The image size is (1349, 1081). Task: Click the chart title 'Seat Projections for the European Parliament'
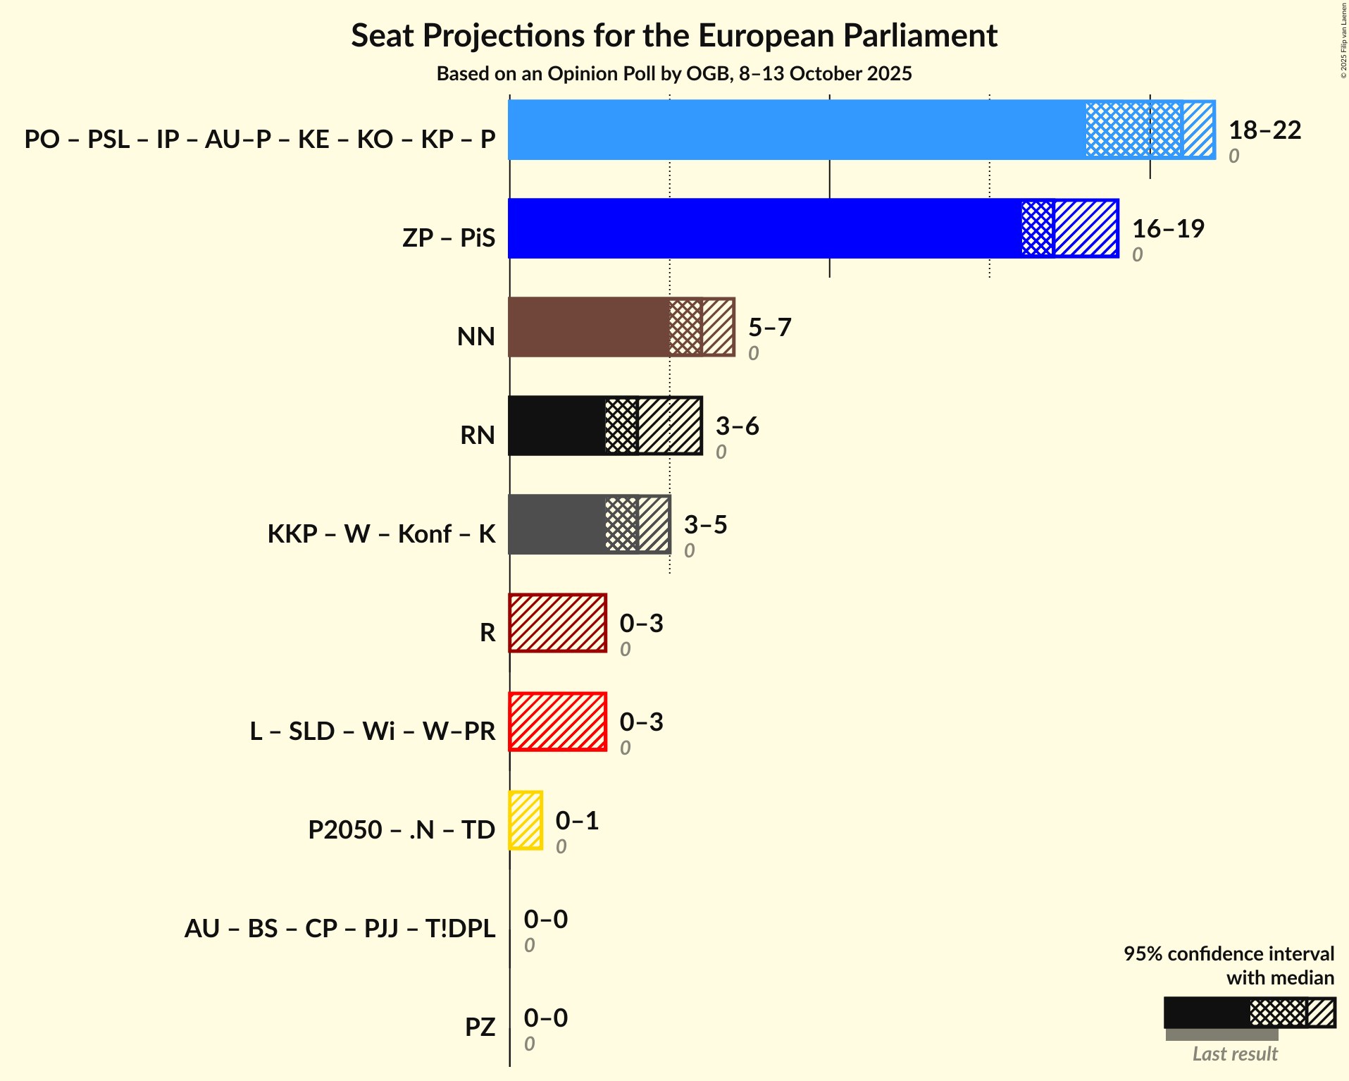pos(674,35)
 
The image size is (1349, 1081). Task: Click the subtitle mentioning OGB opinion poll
pos(674,74)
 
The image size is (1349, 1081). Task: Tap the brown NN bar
pos(588,327)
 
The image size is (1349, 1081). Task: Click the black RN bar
pos(557,426)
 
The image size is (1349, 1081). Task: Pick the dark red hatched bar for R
pos(557,623)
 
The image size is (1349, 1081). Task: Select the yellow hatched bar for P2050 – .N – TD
pos(526,820)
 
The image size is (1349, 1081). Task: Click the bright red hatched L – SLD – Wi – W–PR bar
pos(557,722)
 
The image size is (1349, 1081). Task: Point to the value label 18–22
pos(1264,130)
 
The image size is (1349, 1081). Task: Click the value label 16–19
pos(1168,229)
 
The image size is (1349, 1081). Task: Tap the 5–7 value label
pos(769,328)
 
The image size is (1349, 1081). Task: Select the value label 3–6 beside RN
pos(737,426)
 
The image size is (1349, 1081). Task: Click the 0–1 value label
pos(577,821)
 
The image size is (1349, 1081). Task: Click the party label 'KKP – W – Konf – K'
pos(381,534)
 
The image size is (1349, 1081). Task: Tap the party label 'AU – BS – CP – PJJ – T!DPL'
pos(340,929)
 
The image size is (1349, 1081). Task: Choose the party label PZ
pos(480,1027)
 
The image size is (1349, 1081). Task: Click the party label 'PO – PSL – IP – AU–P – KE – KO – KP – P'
pos(260,140)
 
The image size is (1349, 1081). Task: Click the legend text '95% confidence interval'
pos(1228,954)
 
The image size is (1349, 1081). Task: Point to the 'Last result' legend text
pos(1234,1054)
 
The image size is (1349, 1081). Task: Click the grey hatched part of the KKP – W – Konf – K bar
pos(637,524)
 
